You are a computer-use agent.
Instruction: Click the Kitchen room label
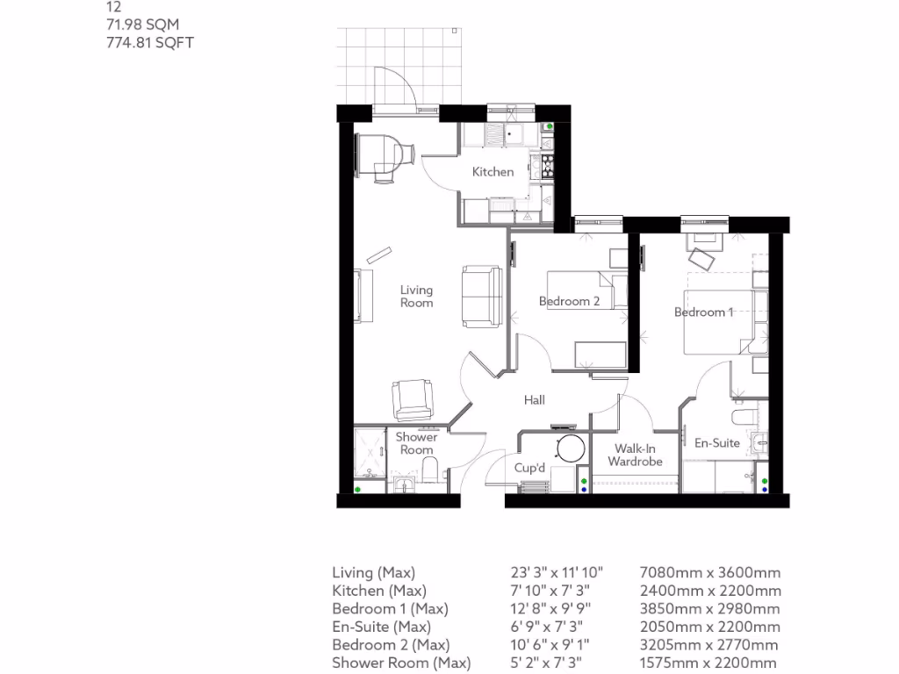(x=493, y=172)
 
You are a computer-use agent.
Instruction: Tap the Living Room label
(x=416, y=296)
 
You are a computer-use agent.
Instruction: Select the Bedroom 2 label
(x=569, y=301)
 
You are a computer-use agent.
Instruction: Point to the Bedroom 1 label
(x=703, y=312)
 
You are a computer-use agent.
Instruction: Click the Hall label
(x=535, y=400)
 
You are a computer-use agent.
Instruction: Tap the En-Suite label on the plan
(x=717, y=443)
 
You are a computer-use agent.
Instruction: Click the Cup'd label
(x=529, y=468)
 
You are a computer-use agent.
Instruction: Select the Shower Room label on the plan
(x=416, y=443)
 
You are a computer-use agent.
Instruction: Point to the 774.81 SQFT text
(x=148, y=41)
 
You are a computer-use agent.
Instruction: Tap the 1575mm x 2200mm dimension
(x=711, y=663)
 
